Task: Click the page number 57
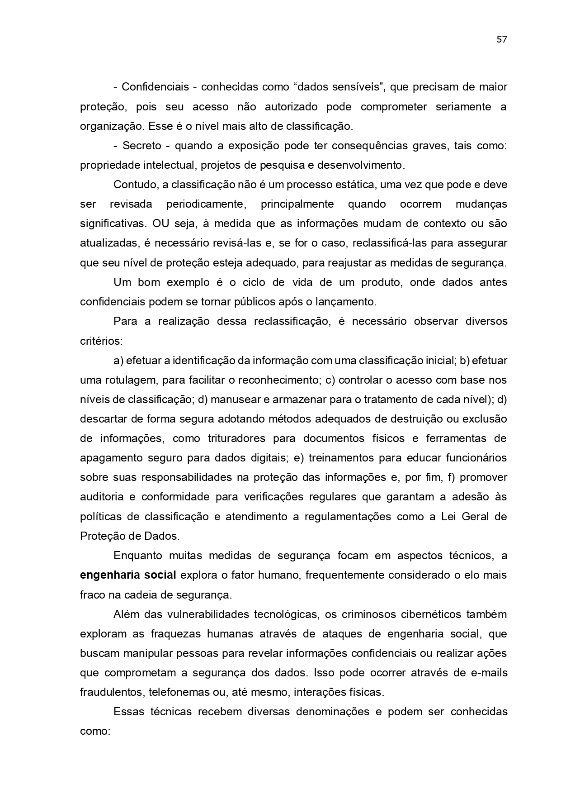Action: pos(502,39)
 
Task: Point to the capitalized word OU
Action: pos(160,223)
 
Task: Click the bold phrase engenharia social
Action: pos(128,575)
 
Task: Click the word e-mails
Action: pos(490,673)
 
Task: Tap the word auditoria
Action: pos(102,497)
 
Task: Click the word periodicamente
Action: pos(206,204)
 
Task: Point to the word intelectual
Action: pos(169,165)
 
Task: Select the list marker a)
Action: pos(118,361)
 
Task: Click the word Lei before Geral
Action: pos(449,516)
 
